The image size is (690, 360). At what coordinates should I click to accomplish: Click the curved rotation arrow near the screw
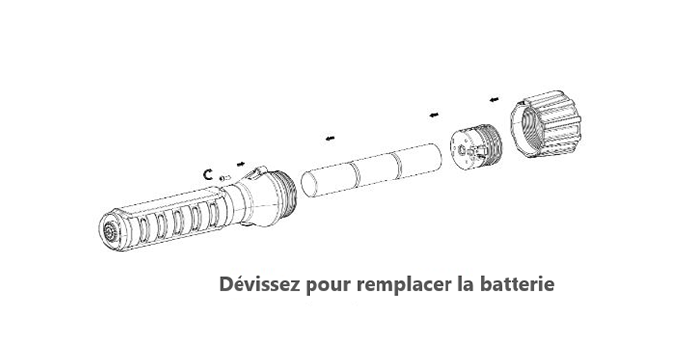(x=208, y=174)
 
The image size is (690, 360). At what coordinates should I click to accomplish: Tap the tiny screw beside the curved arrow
(x=223, y=178)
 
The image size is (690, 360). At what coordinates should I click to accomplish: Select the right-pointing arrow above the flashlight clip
(x=241, y=164)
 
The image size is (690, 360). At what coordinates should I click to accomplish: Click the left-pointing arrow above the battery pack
(x=330, y=139)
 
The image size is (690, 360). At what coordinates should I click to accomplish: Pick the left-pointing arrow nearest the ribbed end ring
(x=494, y=99)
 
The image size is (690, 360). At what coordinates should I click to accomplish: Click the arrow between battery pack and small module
(x=434, y=115)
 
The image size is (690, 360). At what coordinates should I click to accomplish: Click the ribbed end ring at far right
(x=546, y=123)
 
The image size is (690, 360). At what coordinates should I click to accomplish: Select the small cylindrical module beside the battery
(x=476, y=146)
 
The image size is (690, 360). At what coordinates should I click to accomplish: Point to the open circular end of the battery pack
(x=310, y=184)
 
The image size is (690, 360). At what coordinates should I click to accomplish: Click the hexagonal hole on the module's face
(x=461, y=151)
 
